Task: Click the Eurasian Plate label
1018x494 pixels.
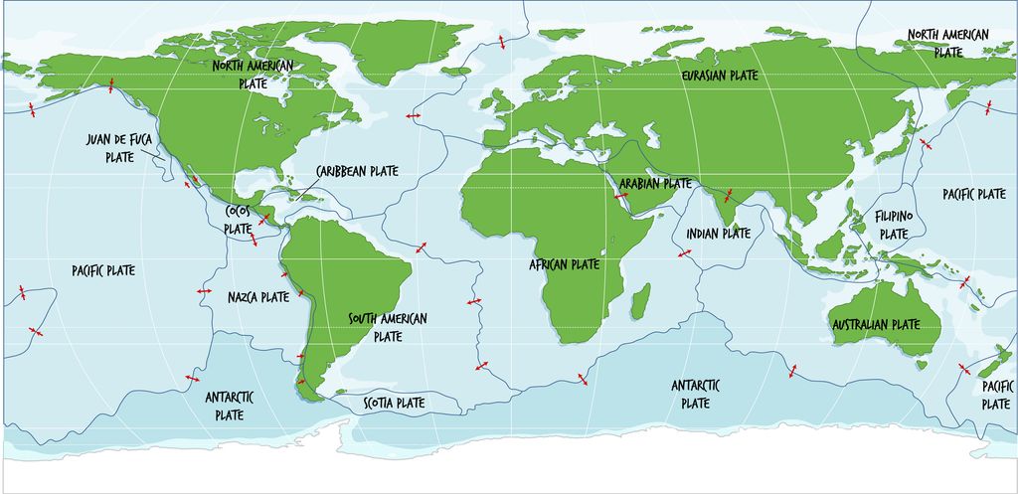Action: [x=719, y=76]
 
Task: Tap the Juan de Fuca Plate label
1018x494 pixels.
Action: [x=119, y=148]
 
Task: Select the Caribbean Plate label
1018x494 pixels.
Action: [x=357, y=171]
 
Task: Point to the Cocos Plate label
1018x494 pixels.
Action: [x=239, y=219]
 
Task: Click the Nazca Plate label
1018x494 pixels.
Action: [x=257, y=297]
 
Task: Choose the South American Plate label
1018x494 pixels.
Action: [x=387, y=327]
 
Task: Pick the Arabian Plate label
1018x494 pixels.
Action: [x=655, y=184]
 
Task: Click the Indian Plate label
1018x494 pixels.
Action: [x=718, y=234]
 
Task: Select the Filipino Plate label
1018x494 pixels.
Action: [x=893, y=225]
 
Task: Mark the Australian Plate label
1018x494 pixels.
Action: [x=876, y=325]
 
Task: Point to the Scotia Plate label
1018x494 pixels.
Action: [x=394, y=404]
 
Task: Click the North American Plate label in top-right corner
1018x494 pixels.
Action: [x=948, y=44]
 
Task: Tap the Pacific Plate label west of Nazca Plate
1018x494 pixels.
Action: [x=103, y=270]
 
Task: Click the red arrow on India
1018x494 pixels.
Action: [x=728, y=195]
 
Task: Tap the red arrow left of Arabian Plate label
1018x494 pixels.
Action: [x=621, y=196]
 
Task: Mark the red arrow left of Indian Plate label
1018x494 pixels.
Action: [x=685, y=254]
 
